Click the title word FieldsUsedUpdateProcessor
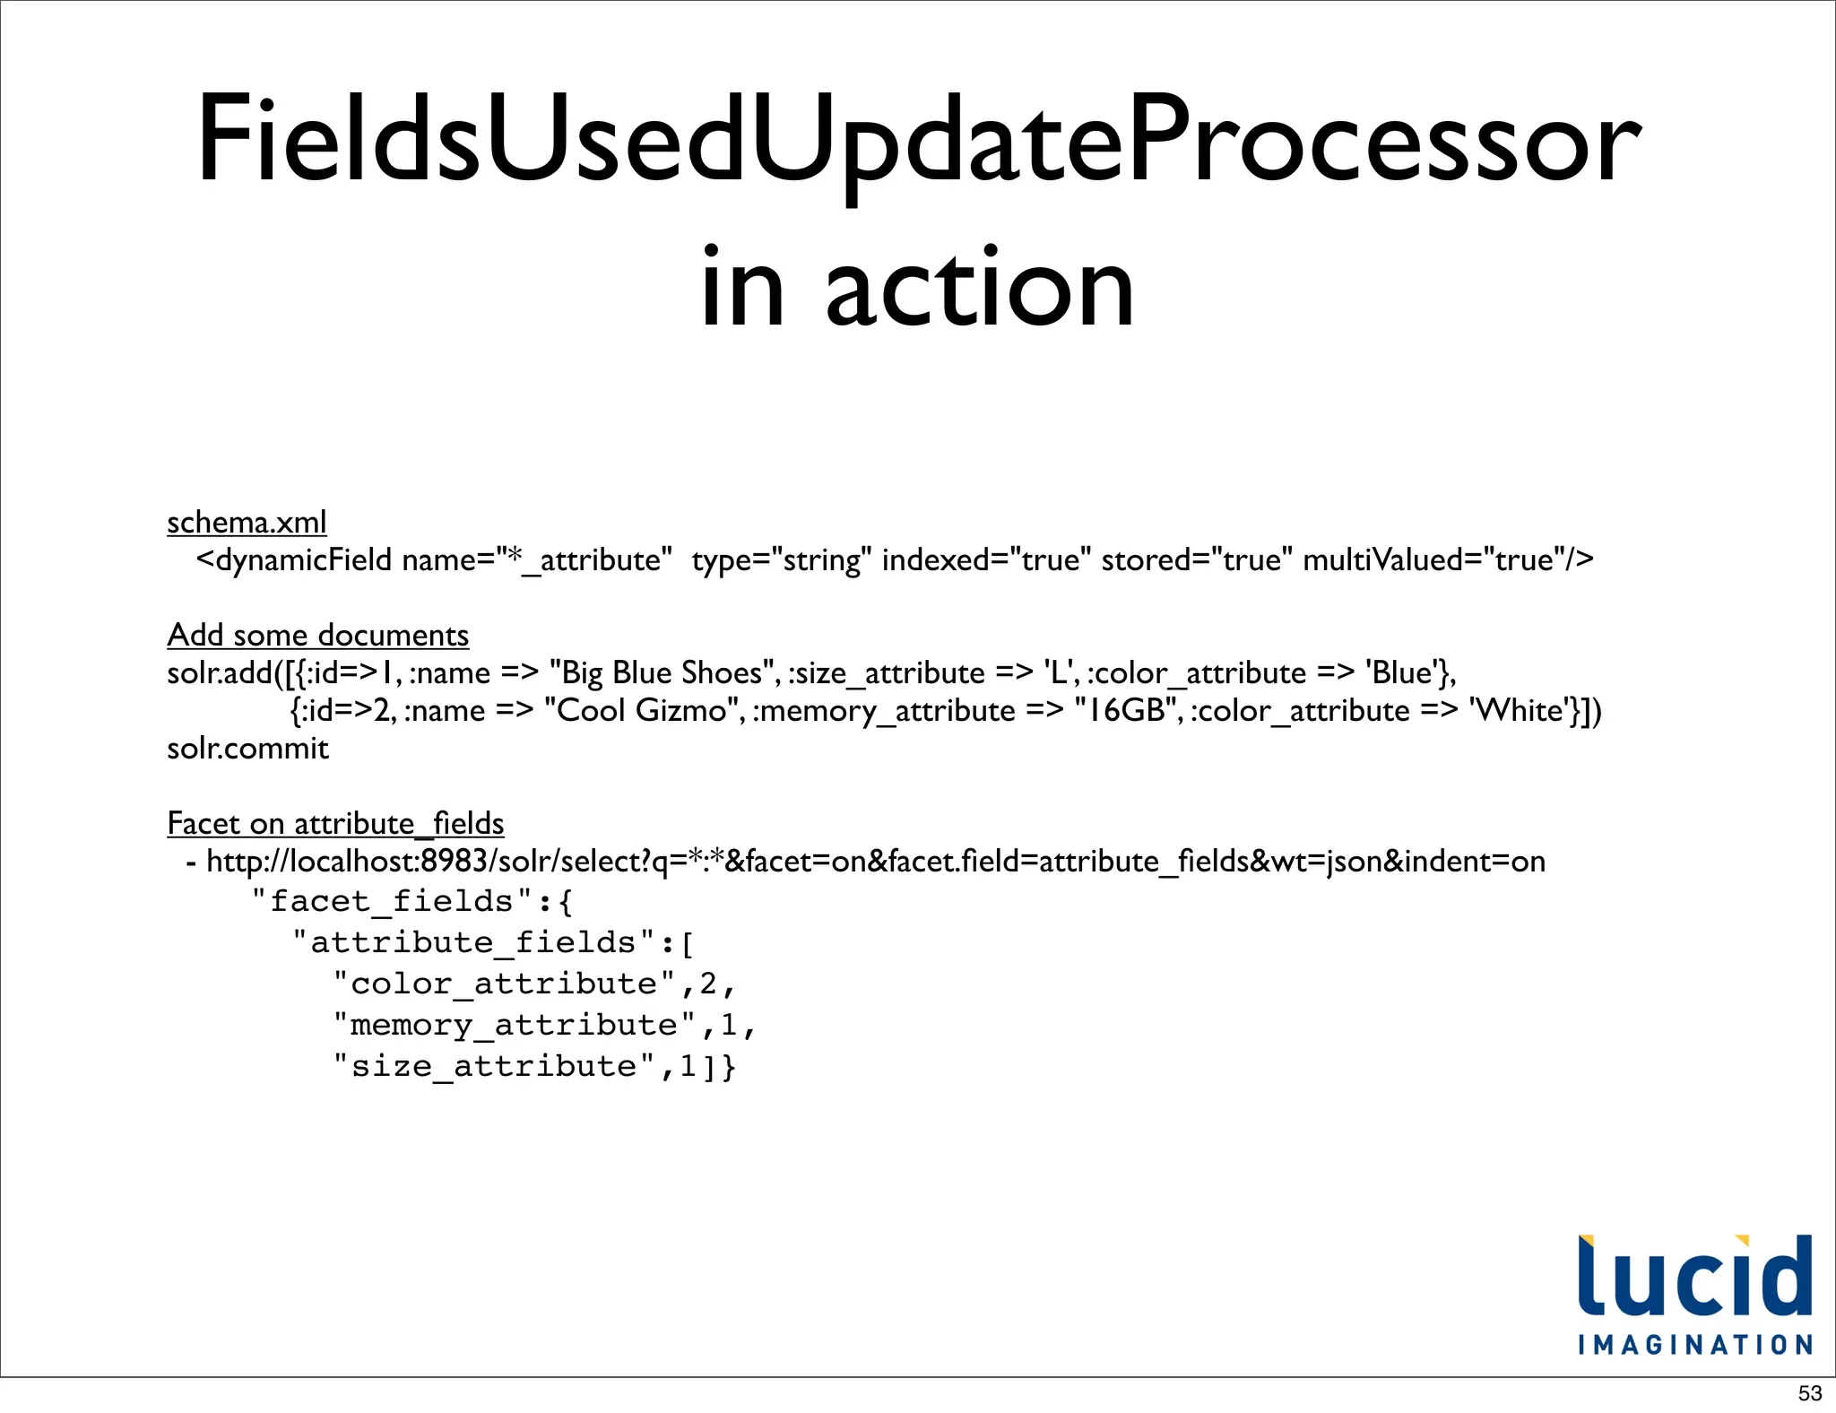(x=918, y=141)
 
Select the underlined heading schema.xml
(x=247, y=522)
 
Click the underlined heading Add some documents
(x=317, y=635)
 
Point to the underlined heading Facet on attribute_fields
(x=335, y=823)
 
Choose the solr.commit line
(x=247, y=748)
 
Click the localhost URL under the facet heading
(x=875, y=862)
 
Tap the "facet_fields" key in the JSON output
(x=393, y=901)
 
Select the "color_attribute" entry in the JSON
(x=504, y=984)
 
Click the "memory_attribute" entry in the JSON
(x=514, y=1025)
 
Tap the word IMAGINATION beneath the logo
(x=1694, y=1345)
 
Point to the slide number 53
(x=1810, y=1393)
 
